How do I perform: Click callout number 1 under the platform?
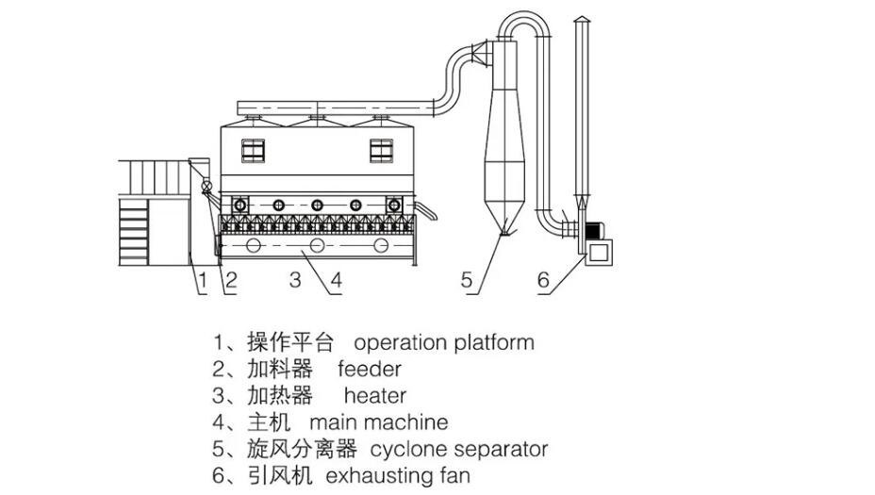[x=203, y=280]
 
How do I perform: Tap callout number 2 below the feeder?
[x=230, y=280]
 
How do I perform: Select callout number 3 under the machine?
[x=296, y=280]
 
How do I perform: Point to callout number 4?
[x=336, y=280]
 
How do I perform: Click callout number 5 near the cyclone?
[x=467, y=280]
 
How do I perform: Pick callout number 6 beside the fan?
[x=543, y=280]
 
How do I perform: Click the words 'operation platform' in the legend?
[x=444, y=342]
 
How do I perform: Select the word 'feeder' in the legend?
[x=370, y=369]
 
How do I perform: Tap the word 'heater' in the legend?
[x=375, y=396]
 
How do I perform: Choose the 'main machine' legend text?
[x=378, y=422]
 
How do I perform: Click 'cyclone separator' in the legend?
[x=458, y=449]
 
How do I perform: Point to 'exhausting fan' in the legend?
[x=398, y=476]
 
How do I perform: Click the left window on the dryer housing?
[x=253, y=151]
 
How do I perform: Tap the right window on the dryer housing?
[x=382, y=151]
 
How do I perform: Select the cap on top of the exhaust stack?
[x=582, y=20]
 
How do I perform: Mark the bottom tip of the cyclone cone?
[x=504, y=233]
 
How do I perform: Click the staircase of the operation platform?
[x=134, y=232]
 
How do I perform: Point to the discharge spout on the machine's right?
[x=426, y=211]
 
